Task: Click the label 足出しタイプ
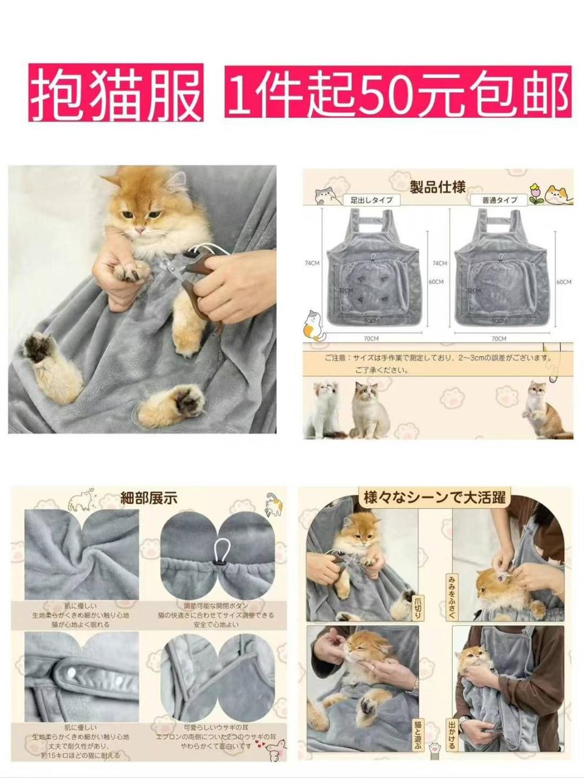click(371, 200)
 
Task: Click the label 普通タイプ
click(499, 200)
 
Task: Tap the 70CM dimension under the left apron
click(370, 338)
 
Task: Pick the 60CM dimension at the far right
click(563, 282)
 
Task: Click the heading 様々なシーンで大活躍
click(435, 498)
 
